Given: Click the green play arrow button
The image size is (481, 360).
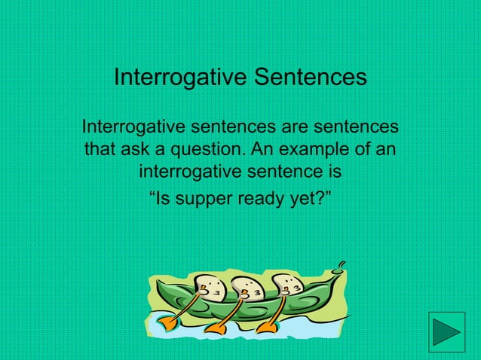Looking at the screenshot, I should (x=446, y=331).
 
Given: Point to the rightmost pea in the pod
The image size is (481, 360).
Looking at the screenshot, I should (x=286, y=287).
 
